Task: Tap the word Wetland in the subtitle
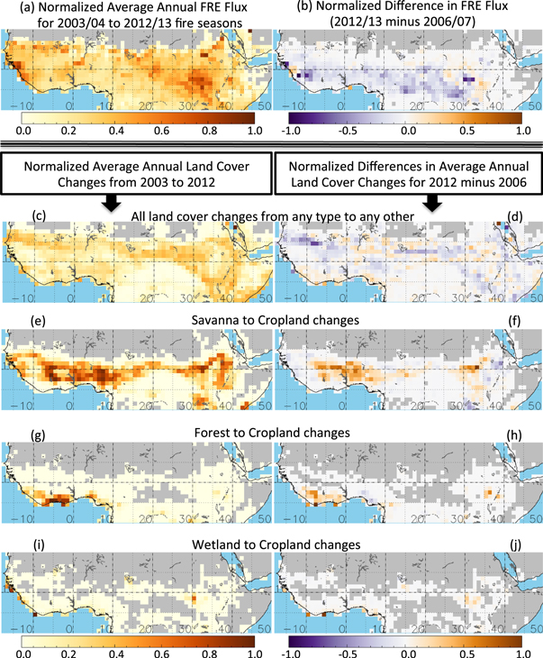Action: click(194, 544)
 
